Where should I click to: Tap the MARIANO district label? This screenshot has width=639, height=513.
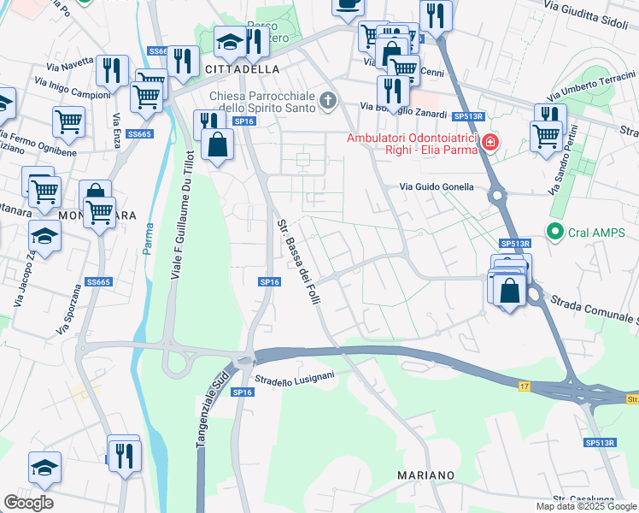click(425, 475)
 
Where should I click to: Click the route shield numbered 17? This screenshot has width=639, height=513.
click(523, 386)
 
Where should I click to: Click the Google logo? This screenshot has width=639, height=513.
click(28, 503)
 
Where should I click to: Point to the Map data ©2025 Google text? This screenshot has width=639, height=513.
click(585, 506)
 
